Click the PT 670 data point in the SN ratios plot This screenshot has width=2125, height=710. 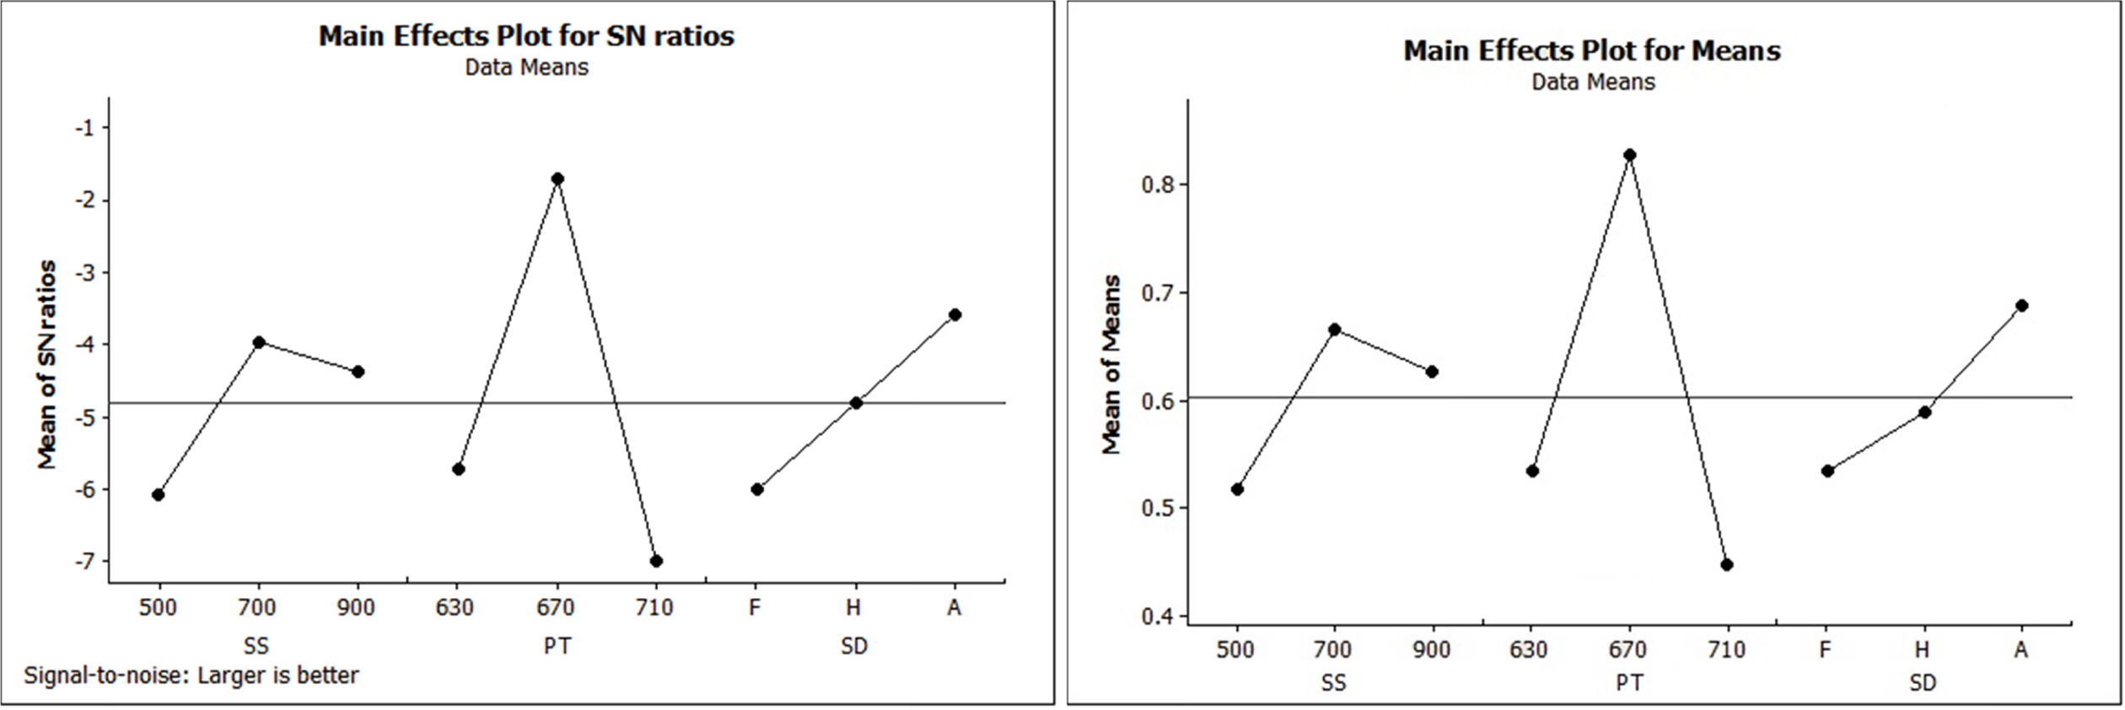pos(557,179)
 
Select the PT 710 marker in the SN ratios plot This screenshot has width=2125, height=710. pos(657,561)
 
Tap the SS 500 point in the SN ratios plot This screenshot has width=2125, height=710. pos(159,494)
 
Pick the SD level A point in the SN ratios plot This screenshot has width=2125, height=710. pos(955,315)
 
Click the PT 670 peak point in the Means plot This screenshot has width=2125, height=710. pos(1630,155)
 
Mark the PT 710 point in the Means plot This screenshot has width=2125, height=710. pos(1727,564)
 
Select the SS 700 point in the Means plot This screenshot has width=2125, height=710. pos(1334,330)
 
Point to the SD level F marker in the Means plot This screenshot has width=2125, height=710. pos(1827,471)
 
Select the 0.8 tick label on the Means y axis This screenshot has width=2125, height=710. pos(1157,185)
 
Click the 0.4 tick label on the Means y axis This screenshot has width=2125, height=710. pos(1157,616)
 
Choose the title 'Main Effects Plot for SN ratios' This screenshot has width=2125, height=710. pos(526,36)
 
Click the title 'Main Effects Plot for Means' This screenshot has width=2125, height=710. pos(1592,51)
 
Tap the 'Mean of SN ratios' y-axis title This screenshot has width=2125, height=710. pos(47,364)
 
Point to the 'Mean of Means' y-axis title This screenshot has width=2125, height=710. pos(1112,364)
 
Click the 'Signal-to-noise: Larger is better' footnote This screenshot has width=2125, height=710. pos(191,675)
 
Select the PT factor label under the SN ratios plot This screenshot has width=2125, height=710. pos(557,646)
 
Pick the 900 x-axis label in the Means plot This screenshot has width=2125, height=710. pos(1432,649)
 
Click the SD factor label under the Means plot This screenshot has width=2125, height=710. pos(1923,682)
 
